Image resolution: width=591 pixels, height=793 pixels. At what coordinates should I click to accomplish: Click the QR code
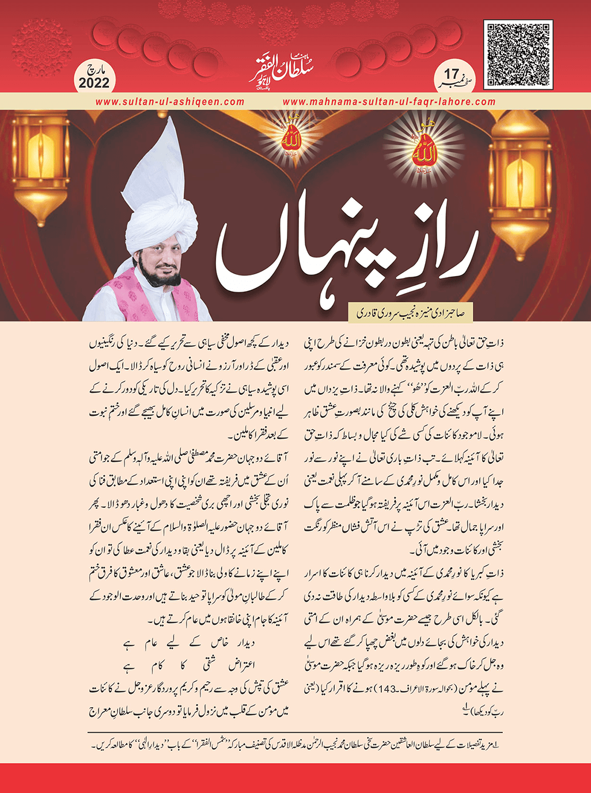[x=518, y=54]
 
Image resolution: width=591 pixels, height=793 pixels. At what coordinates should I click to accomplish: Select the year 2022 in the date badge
[x=94, y=83]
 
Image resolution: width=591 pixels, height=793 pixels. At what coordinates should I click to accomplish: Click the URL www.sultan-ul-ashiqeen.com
[x=170, y=101]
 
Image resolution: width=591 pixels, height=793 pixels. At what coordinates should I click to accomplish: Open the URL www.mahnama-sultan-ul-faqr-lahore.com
[x=389, y=101]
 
